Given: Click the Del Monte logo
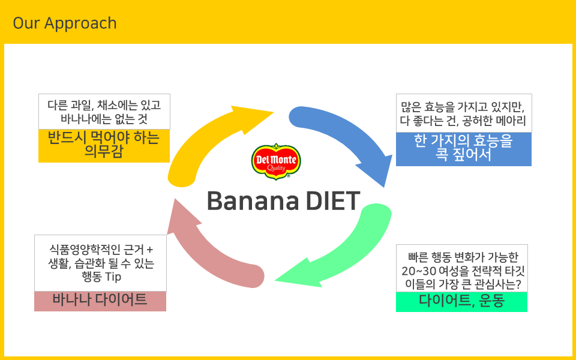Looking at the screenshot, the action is pyautogui.click(x=276, y=161).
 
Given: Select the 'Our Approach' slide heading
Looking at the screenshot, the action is pyautogui.click(x=65, y=23).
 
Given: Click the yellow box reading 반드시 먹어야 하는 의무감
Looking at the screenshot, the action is pyautogui.click(x=104, y=145).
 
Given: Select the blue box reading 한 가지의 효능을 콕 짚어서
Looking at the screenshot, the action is pyautogui.click(x=464, y=149).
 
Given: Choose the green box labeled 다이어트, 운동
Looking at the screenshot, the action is pyautogui.click(x=461, y=302).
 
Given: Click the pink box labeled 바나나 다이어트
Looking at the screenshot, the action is pyautogui.click(x=100, y=301).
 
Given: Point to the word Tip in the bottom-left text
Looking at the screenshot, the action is pyautogui.click(x=113, y=277).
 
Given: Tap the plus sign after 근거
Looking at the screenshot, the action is pyautogui.click(x=149, y=250).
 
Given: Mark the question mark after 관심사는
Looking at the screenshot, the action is pyautogui.click(x=518, y=284).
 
